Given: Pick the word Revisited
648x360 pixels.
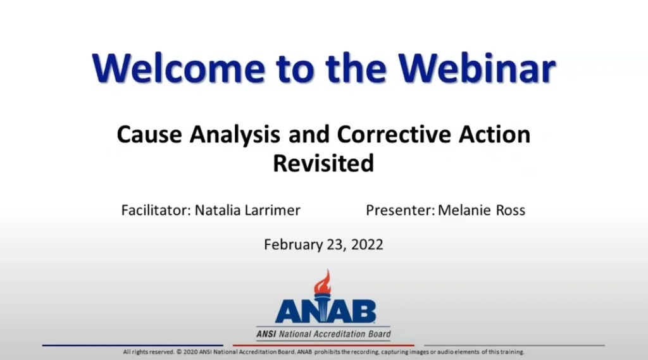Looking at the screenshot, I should pyautogui.click(x=323, y=163).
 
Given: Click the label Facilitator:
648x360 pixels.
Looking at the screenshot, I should pyautogui.click(x=155, y=210).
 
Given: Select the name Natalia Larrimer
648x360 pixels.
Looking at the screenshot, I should pyautogui.click(x=247, y=210).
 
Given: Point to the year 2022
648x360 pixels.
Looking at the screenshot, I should pyautogui.click(x=366, y=244).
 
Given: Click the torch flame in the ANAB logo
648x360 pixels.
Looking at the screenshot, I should pyautogui.click(x=323, y=280).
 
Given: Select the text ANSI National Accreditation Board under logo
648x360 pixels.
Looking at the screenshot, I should pyautogui.click(x=323, y=334).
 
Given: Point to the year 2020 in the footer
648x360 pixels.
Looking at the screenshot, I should pyautogui.click(x=191, y=352).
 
